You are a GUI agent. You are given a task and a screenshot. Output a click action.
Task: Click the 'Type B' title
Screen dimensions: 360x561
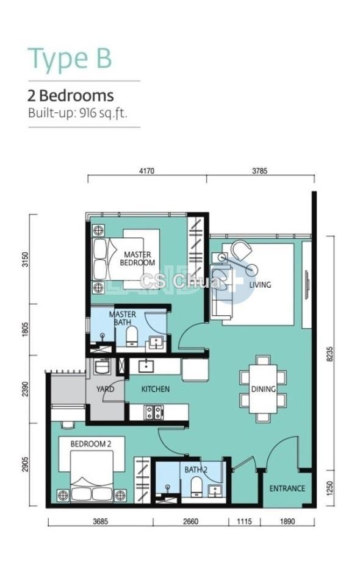point(70,59)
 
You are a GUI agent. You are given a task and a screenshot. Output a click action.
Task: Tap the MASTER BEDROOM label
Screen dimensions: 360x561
point(137,259)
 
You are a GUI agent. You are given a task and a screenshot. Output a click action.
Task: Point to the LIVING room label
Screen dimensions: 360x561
point(260,285)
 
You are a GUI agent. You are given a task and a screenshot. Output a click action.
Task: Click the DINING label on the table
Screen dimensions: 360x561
point(264,389)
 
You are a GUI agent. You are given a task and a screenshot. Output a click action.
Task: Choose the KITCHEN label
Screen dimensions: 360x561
point(156,389)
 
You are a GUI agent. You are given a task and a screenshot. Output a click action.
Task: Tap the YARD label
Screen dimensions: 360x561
point(105,389)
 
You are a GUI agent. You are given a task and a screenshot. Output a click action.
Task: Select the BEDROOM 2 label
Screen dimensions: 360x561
point(91,444)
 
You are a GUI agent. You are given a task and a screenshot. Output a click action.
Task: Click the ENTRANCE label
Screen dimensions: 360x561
point(287,488)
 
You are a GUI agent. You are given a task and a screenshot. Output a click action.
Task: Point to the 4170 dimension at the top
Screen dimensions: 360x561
point(146,171)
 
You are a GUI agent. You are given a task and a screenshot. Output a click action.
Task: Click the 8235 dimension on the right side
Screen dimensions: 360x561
point(330,354)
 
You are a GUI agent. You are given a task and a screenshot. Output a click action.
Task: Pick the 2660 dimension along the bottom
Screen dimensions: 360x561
point(191,521)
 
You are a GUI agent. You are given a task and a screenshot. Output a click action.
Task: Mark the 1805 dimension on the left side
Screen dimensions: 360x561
point(24,330)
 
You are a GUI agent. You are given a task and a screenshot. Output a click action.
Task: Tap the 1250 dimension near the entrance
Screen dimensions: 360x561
point(330,488)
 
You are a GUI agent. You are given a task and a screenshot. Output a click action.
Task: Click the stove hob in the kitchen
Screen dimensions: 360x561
point(154,413)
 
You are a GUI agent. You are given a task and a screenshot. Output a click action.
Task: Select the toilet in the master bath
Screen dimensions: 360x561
point(132,336)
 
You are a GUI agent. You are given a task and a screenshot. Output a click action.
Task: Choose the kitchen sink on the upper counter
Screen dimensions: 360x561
point(146,366)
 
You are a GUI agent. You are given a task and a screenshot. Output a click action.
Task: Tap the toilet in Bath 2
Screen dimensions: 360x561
point(196,487)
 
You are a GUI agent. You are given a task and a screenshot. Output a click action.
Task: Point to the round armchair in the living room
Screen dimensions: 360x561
point(242,249)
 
